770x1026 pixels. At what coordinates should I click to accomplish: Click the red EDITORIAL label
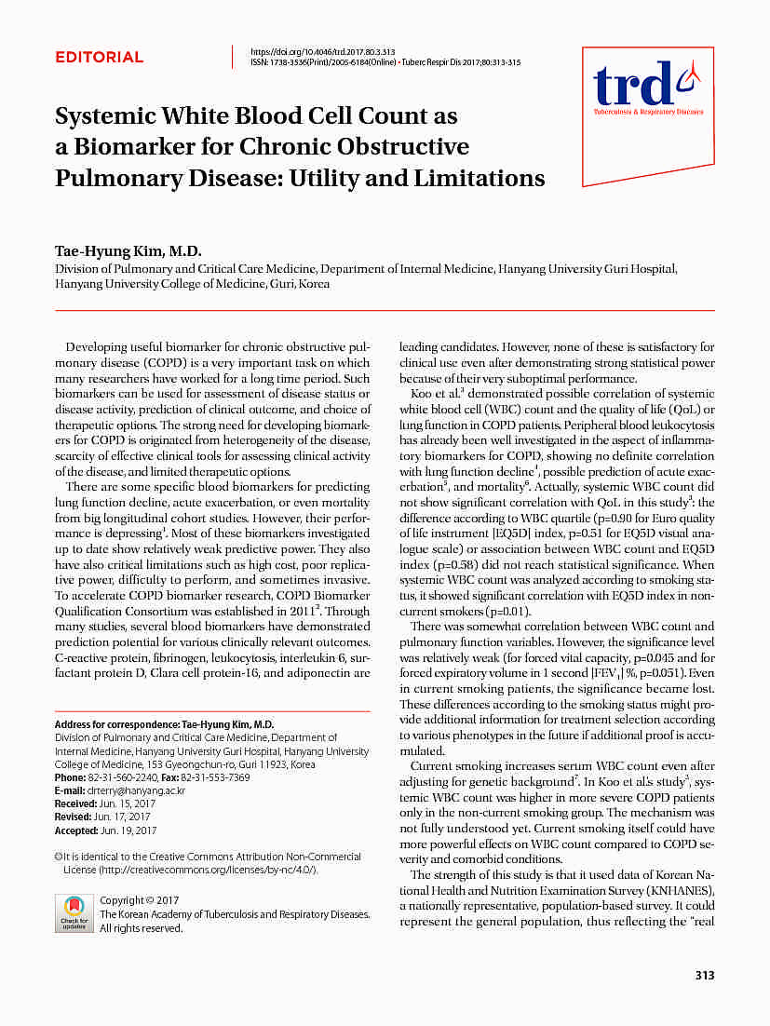(x=99, y=58)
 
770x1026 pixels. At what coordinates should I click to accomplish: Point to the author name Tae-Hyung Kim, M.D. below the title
(x=128, y=252)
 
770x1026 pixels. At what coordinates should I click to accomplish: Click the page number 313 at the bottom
(x=705, y=976)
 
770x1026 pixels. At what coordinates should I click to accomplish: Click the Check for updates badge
(x=74, y=912)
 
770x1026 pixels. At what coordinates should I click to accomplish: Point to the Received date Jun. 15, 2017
(x=129, y=803)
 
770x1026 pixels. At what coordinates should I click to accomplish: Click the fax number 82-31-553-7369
(x=215, y=777)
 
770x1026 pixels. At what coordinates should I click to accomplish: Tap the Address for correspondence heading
(x=164, y=724)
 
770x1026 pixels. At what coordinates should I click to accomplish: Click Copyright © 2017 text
(x=140, y=900)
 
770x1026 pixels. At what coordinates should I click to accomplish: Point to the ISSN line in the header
(x=385, y=62)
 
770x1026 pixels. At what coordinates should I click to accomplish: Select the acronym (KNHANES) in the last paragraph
(x=680, y=889)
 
